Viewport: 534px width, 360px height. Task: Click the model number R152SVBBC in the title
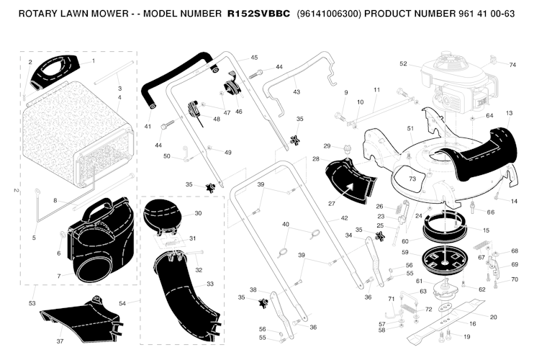click(x=258, y=14)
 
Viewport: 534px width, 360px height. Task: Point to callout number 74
click(x=512, y=65)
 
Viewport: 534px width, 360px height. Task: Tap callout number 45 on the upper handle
click(x=254, y=58)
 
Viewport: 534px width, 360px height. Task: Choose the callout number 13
click(x=509, y=113)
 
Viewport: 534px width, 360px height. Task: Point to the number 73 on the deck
click(x=412, y=178)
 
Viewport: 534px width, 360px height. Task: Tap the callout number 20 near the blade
click(x=493, y=318)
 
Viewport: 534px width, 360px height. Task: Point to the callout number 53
click(x=32, y=304)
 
